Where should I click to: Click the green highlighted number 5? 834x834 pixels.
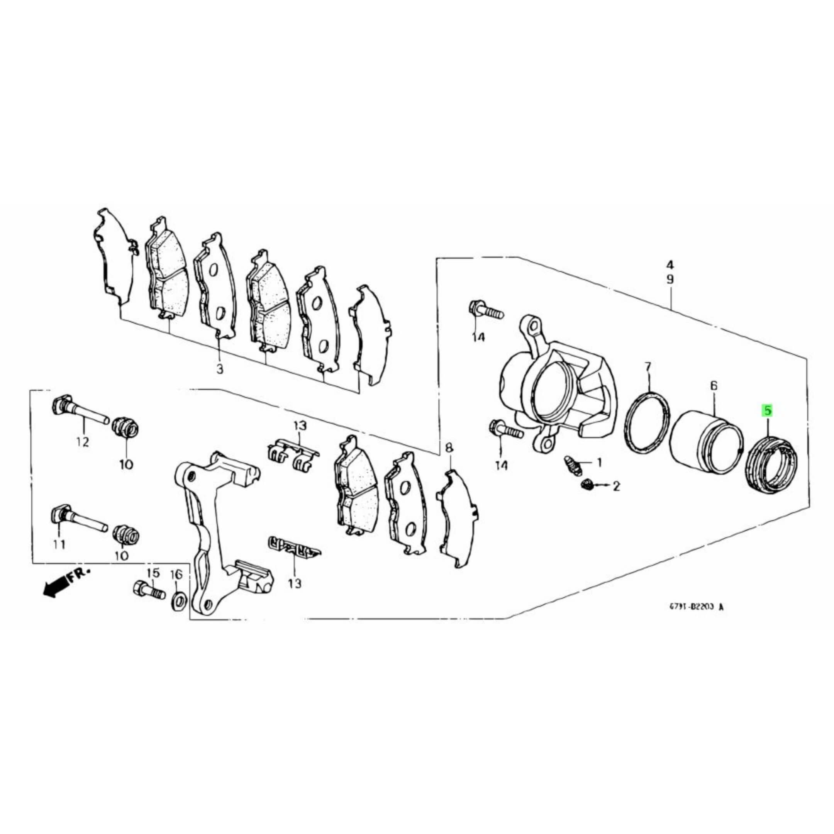point(767,410)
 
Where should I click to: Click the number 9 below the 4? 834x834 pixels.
point(670,280)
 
